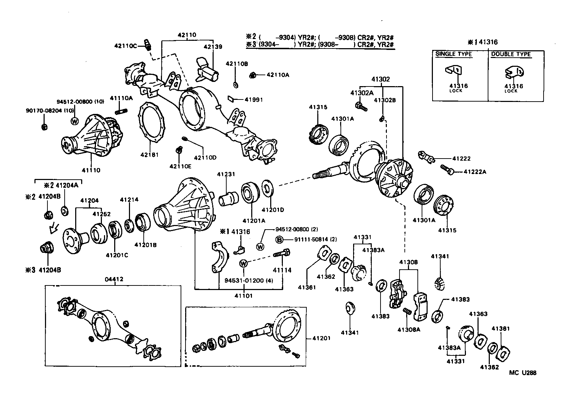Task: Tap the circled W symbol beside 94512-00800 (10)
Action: [x=74, y=121]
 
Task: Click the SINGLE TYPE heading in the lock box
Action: [x=454, y=54]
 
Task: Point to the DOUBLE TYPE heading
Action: [x=511, y=54]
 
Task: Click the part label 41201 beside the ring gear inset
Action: [x=322, y=338]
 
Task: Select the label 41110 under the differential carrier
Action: [x=91, y=170]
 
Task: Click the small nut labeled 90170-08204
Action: [x=45, y=127]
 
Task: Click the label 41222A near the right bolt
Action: [x=475, y=172]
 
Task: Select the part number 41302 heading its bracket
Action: [x=381, y=79]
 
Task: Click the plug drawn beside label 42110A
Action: [x=252, y=75]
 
